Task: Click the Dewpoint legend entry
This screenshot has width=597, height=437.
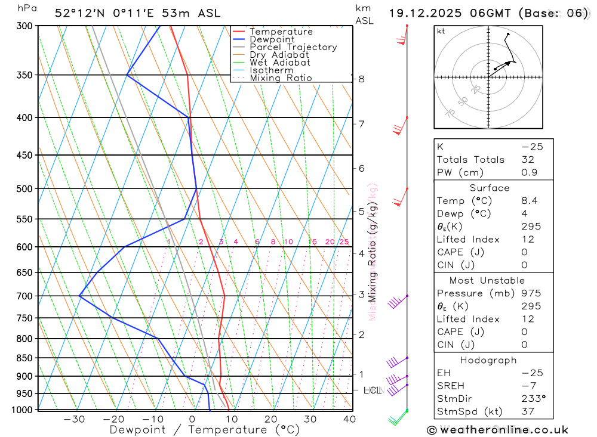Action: pos(272,39)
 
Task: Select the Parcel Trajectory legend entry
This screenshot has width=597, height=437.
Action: pos(293,47)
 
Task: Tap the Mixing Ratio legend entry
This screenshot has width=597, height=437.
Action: pos(281,78)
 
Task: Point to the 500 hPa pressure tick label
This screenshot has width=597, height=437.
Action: pos(24,189)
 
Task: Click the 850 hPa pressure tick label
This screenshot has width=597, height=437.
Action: pos(24,358)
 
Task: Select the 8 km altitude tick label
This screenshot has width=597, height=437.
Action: pos(362,79)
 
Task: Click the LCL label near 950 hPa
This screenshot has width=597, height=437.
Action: pos(372,390)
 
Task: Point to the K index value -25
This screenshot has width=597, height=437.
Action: pos(529,147)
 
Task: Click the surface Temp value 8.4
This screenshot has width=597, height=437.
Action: pos(529,201)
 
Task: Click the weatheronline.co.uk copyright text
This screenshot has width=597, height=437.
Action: pos(498,430)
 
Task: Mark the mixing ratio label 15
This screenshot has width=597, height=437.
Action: pos(312,241)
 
